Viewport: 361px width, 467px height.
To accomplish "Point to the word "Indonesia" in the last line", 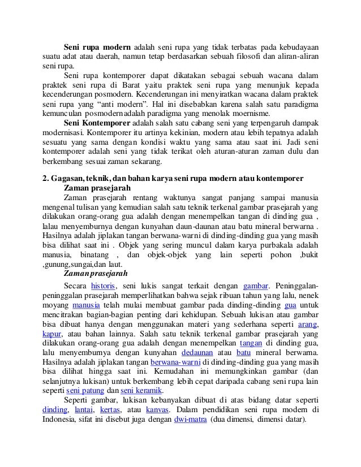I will point(61,421).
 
